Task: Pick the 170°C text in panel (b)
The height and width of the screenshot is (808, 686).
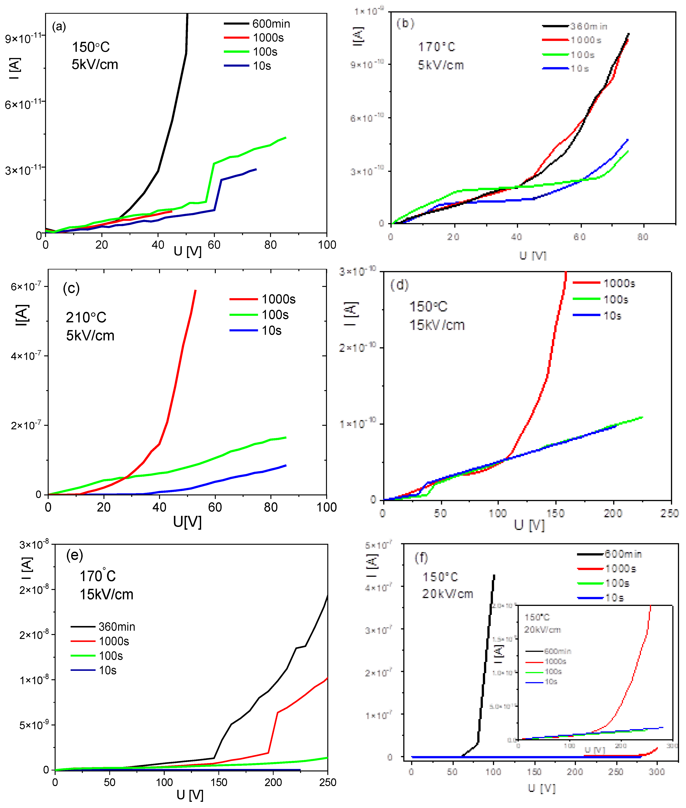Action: (436, 47)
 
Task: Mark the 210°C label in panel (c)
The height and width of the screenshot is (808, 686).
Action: (86, 317)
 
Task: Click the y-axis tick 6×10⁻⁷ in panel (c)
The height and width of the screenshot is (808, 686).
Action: (26, 286)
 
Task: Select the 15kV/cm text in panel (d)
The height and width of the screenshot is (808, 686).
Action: (437, 325)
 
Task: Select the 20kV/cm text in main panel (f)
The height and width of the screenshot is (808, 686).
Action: (448, 594)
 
